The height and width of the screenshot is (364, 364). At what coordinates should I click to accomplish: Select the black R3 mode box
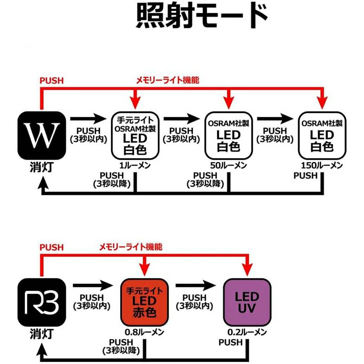(41, 301)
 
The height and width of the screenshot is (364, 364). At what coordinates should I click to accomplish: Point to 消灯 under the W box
(41, 167)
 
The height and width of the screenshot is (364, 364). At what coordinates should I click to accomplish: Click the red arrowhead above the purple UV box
(248, 269)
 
